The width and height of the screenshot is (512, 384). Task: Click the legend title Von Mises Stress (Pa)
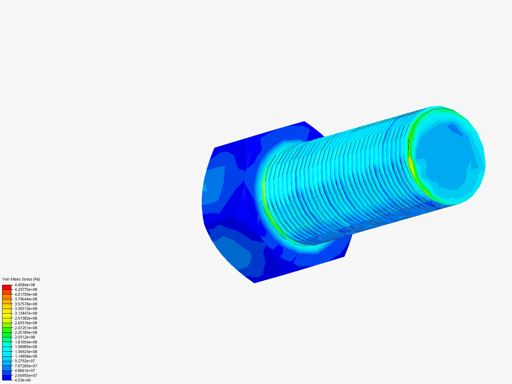click(21, 279)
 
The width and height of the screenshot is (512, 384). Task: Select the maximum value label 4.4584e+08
click(25, 285)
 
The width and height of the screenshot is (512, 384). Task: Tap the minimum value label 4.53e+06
click(23, 380)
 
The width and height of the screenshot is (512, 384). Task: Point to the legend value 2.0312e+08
click(25, 337)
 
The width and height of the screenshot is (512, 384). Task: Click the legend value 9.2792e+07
click(25, 361)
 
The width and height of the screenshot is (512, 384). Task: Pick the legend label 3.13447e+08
click(26, 313)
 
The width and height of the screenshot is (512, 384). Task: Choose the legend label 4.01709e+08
click(26, 294)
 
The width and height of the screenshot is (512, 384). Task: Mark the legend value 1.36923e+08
click(26, 352)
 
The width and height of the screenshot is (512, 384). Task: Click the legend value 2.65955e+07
click(26, 375)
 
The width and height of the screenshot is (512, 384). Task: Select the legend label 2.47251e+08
click(26, 328)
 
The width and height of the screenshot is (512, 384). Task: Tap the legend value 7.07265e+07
click(26, 366)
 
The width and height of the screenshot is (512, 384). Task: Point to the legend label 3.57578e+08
click(26, 304)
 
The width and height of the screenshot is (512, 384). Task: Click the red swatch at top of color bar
click(7, 287)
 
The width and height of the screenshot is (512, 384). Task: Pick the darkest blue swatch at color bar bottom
click(7, 378)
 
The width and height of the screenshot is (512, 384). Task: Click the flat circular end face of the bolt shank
click(444, 156)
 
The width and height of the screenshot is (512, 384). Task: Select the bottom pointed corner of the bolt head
click(255, 283)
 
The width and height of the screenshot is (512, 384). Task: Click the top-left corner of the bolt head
click(215, 148)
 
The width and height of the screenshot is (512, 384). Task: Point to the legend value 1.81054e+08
click(26, 342)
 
